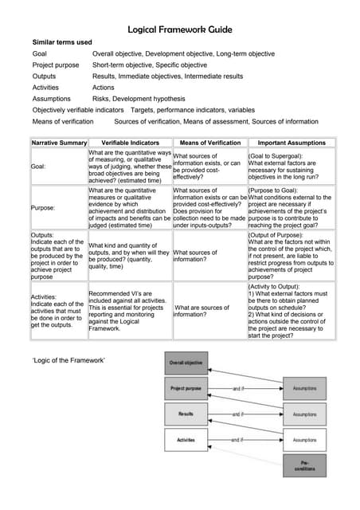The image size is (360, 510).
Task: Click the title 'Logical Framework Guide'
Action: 180,29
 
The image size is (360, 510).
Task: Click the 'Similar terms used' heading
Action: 61,41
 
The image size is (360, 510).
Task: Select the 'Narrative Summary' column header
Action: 59,143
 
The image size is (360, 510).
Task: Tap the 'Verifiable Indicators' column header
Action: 130,143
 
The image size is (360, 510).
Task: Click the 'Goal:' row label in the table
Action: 38,167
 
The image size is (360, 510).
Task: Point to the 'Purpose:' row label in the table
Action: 43,207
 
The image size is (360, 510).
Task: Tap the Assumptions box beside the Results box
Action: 304,414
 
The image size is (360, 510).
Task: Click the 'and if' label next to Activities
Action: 237,440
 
